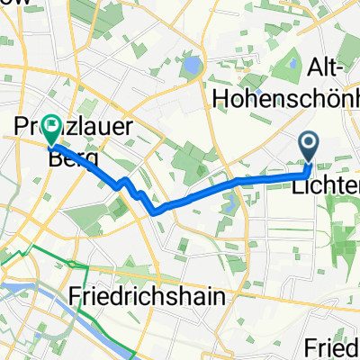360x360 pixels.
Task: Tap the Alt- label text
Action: [329, 67]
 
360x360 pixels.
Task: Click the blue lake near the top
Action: [190, 66]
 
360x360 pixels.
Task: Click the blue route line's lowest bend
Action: [156, 212]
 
